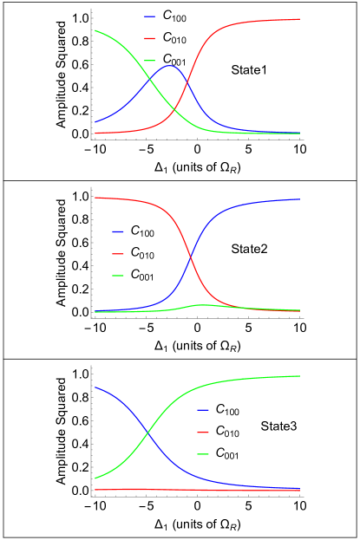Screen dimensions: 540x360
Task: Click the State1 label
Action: click(x=249, y=70)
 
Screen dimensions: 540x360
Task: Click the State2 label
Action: click(x=249, y=249)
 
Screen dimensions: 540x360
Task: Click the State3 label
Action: click(x=278, y=426)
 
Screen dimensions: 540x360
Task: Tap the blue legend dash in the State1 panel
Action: click(x=150, y=16)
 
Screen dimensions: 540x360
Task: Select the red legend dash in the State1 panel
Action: click(x=150, y=39)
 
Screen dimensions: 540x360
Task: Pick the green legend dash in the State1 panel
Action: click(x=150, y=61)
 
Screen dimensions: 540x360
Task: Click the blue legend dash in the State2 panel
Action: click(x=118, y=231)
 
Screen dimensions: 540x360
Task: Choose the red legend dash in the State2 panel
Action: click(x=118, y=254)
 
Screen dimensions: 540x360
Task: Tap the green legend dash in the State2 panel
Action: click(x=118, y=276)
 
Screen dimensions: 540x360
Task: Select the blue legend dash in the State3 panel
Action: click(x=203, y=409)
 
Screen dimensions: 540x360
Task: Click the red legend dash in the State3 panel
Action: click(x=203, y=432)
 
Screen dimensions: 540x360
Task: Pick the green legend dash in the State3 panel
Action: click(x=203, y=454)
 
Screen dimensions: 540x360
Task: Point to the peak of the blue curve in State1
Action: click(x=171, y=66)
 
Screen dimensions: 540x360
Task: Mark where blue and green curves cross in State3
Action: click(x=149, y=431)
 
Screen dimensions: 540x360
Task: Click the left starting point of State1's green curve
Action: click(x=95, y=31)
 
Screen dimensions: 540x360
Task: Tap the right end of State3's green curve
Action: click(x=300, y=376)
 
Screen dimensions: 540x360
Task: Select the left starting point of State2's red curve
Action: click(x=95, y=198)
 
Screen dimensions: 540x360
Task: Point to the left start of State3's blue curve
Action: click(x=95, y=387)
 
